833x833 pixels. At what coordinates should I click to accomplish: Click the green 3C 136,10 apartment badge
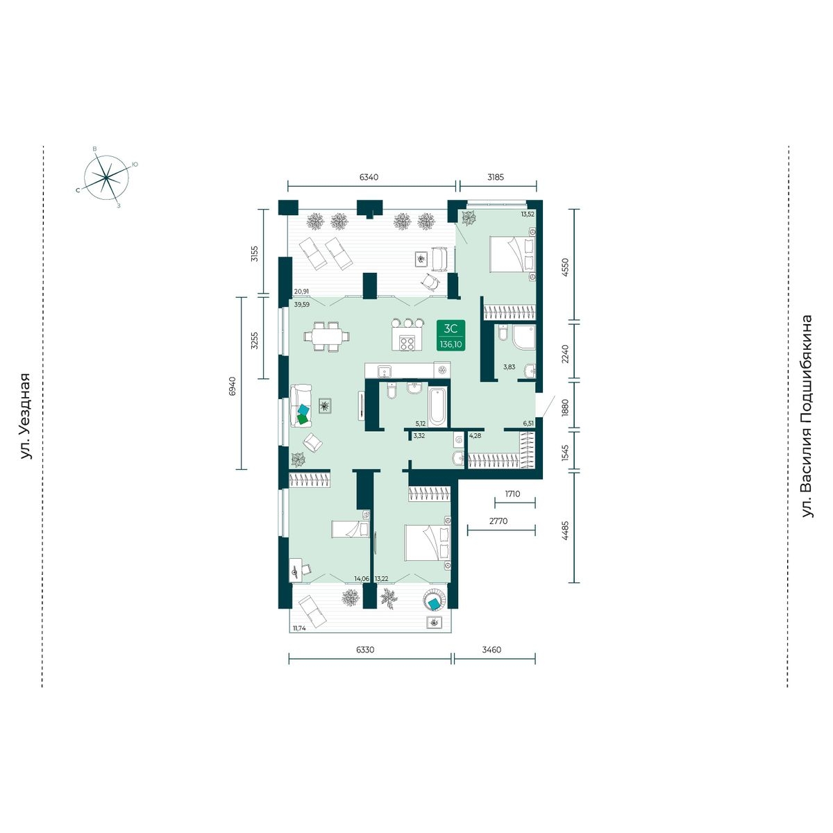pyautogui.click(x=451, y=335)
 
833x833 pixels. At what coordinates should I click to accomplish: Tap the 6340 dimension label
pyautogui.click(x=369, y=177)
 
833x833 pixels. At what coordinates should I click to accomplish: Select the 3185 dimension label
pyautogui.click(x=496, y=177)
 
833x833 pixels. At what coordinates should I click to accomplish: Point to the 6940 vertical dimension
pyautogui.click(x=233, y=387)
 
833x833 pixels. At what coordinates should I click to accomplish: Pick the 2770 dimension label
pyautogui.click(x=498, y=521)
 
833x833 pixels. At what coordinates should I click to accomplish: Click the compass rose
pyautogui.click(x=106, y=178)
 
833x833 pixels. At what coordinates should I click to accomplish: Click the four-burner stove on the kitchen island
pyautogui.click(x=407, y=343)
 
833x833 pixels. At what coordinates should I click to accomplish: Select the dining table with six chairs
pyautogui.click(x=326, y=336)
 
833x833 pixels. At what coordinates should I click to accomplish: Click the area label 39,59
pyautogui.click(x=302, y=304)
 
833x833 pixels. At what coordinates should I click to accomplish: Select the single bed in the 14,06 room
pyautogui.click(x=351, y=529)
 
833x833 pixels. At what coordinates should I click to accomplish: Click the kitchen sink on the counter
pyautogui.click(x=385, y=371)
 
